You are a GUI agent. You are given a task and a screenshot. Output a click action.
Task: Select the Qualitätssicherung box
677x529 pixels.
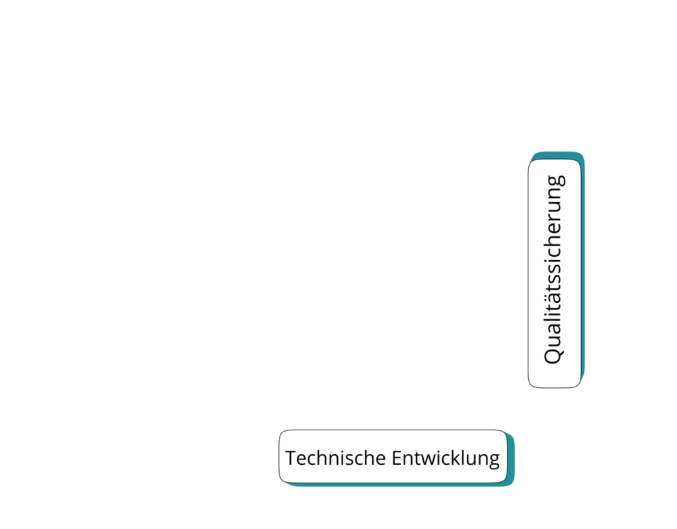click(556, 269)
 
